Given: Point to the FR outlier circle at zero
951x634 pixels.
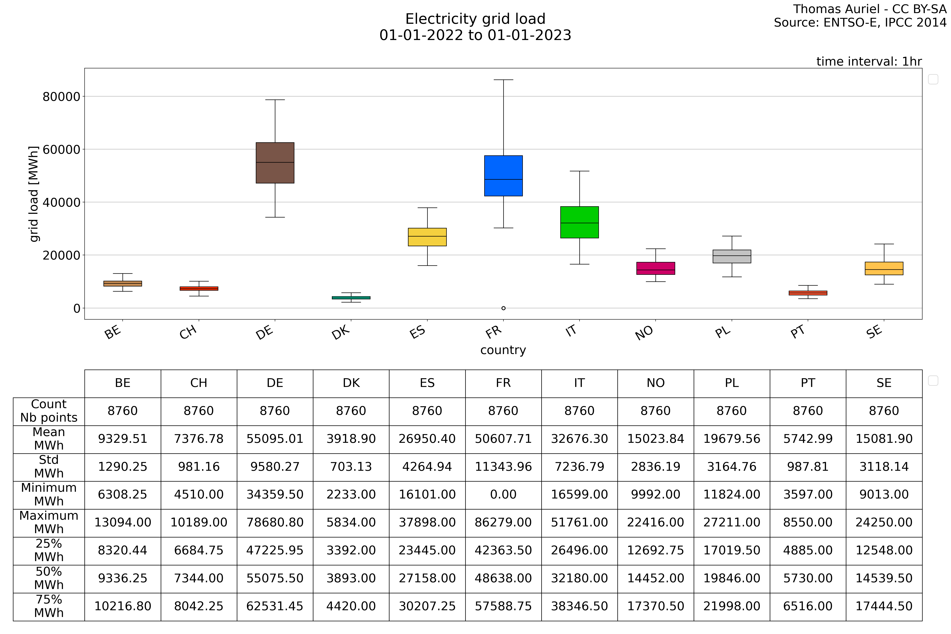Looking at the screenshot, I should point(503,308).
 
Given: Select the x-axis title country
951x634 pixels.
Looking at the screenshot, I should point(503,350).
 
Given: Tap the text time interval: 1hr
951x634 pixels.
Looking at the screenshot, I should point(869,61).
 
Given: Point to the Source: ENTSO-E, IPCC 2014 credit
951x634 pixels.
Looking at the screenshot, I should point(860,23).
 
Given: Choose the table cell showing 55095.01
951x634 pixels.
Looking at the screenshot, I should point(275,439).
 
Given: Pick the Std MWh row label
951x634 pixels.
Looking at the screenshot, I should point(49,467).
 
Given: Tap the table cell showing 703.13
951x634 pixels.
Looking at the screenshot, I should point(351,467).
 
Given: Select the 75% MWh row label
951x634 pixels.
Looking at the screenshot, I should point(49,606).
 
